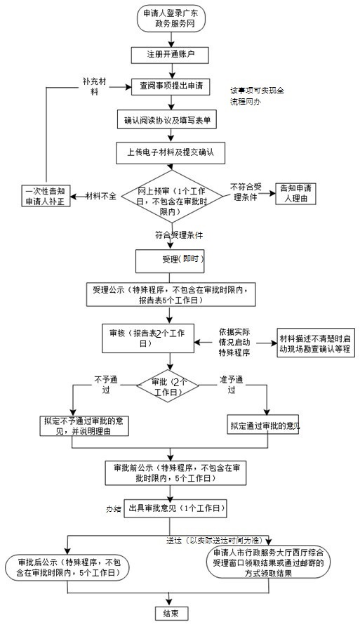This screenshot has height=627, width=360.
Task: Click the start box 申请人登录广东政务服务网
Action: pyautogui.click(x=168, y=20)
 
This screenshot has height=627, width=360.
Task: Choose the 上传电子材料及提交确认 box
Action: pyautogui.click(x=168, y=151)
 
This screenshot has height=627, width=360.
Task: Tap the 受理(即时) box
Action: pyautogui.click(x=178, y=260)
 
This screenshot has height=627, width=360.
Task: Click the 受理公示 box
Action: pyautogui.click(x=178, y=293)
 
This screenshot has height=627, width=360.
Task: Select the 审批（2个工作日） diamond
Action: pyautogui.click(x=167, y=385)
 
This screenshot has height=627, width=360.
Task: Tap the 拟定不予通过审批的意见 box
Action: pyautogui.click(x=85, y=425)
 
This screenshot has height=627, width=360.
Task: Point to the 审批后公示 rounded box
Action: pyautogui.click(x=67, y=567)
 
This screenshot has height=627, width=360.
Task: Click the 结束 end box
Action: pyautogui.click(x=170, y=613)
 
